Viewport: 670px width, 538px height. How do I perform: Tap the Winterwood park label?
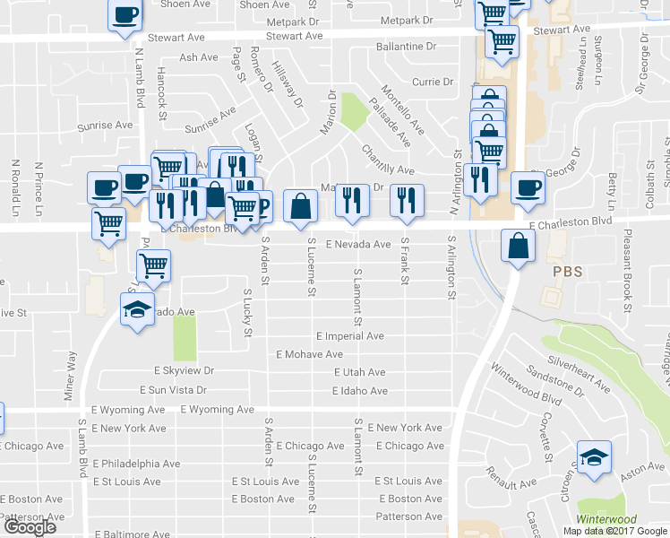point(606,519)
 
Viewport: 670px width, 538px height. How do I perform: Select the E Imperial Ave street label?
point(349,336)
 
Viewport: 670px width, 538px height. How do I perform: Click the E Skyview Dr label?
point(185,370)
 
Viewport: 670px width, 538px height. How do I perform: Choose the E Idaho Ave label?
point(359,391)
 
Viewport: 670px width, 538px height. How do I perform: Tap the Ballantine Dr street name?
point(406,45)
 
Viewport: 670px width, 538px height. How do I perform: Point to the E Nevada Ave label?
point(358,244)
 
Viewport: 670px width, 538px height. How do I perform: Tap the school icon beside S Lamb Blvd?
point(137,310)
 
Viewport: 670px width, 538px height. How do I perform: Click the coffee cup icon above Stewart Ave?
point(125,14)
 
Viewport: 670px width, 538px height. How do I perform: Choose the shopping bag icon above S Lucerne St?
point(300,205)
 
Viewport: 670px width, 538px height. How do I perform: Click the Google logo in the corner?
point(30,527)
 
